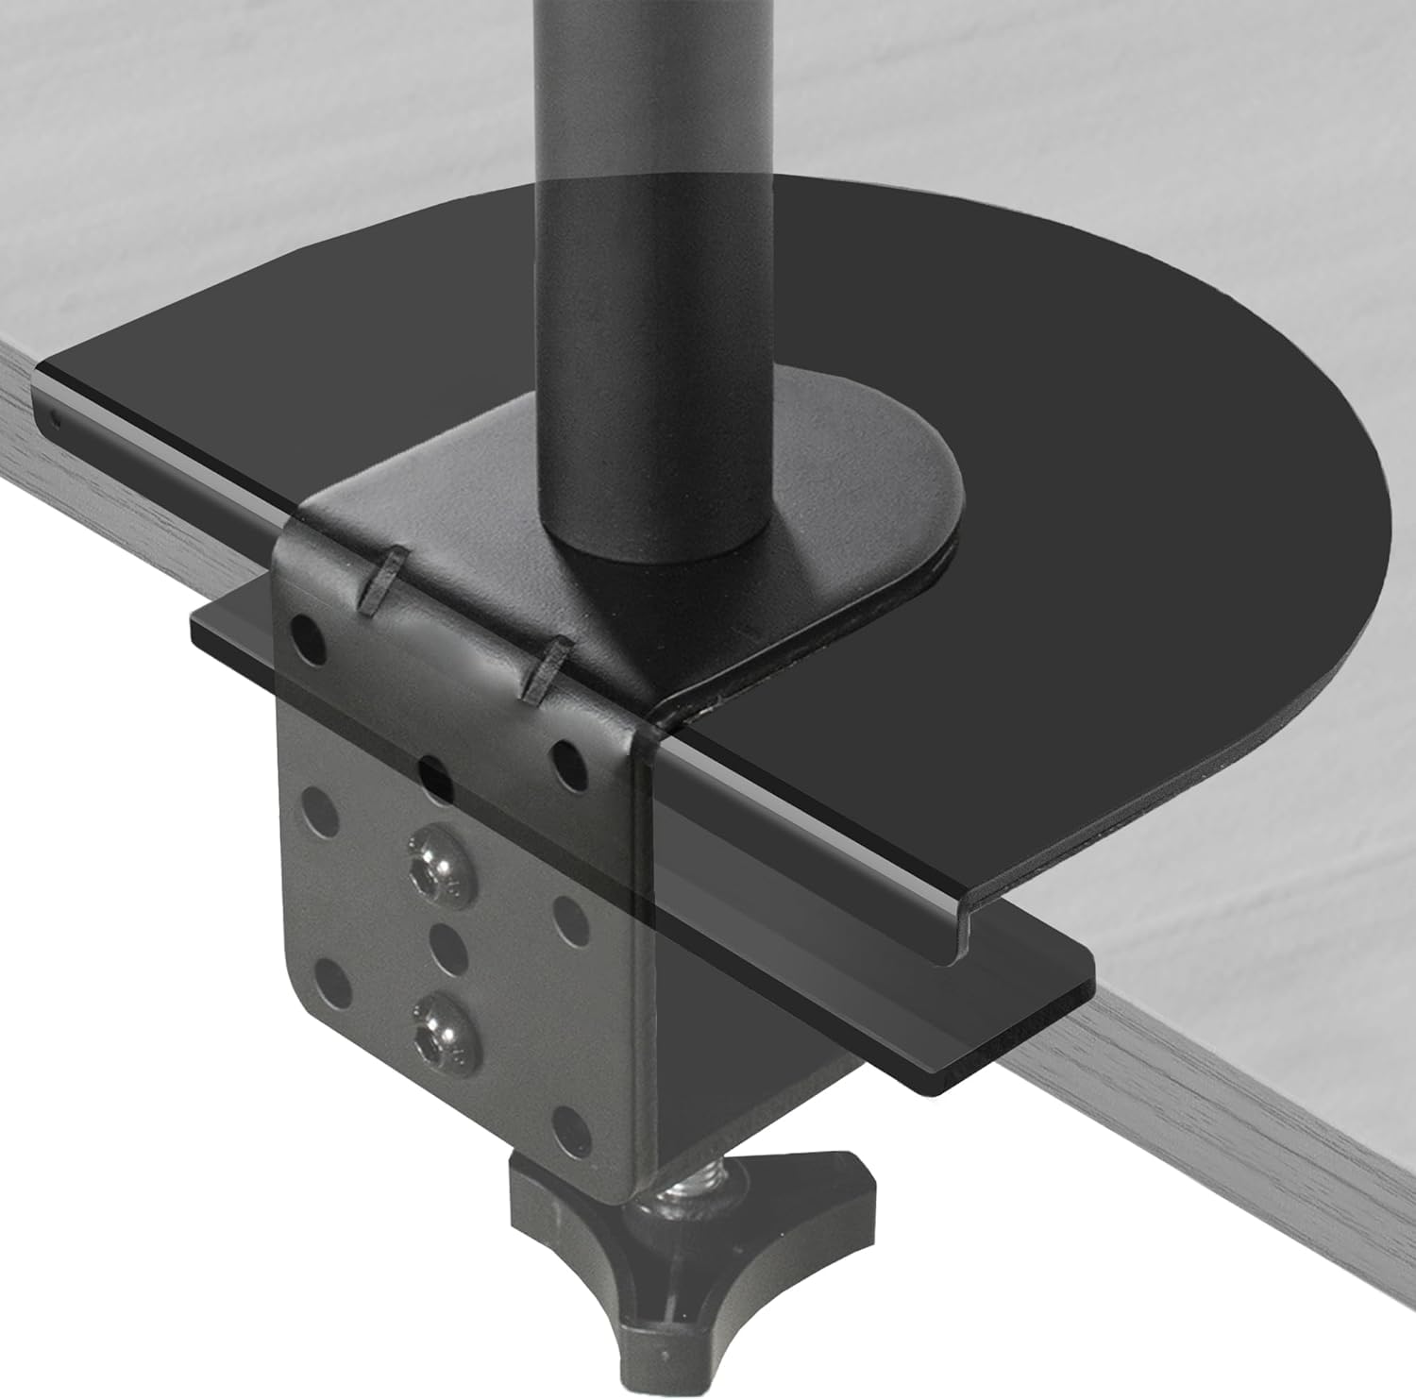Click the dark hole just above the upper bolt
(433, 778)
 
